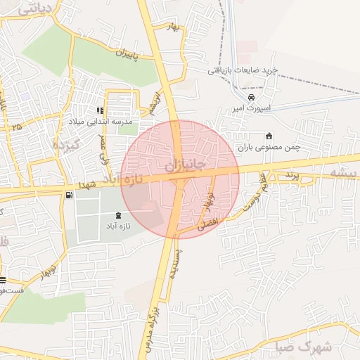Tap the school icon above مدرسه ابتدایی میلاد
(101, 110)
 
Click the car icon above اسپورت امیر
(252, 97)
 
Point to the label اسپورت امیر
(252, 109)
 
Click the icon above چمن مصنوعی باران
(268, 136)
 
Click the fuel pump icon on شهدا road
(67, 195)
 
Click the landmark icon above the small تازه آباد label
(117, 215)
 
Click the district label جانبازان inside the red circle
(186, 167)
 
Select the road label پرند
(292, 173)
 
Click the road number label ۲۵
(17, 127)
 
